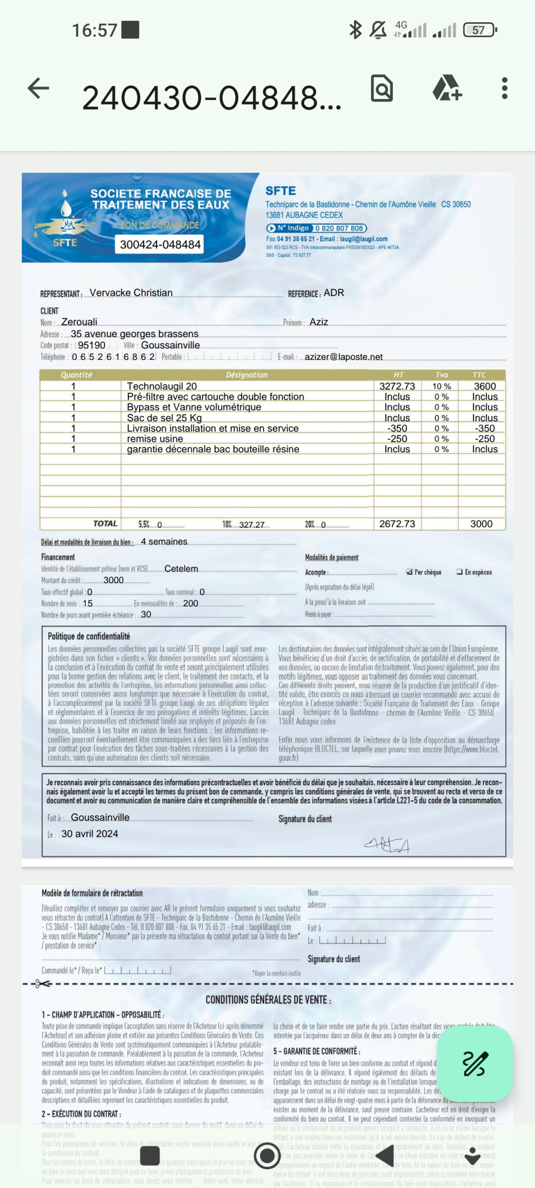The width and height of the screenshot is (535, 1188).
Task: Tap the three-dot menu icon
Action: click(505, 88)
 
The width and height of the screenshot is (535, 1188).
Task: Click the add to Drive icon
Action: click(447, 88)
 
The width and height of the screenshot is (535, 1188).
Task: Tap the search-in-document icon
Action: click(382, 88)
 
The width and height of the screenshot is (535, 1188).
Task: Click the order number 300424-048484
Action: click(160, 244)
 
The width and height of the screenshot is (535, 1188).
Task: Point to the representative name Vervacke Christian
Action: click(131, 293)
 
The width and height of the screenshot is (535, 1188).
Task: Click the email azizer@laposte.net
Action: click(343, 357)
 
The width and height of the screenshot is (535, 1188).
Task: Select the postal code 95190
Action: click(91, 345)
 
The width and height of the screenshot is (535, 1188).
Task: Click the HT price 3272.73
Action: click(397, 386)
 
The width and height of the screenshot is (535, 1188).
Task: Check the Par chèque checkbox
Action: click(409, 572)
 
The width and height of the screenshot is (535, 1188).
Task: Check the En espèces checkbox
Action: click(459, 572)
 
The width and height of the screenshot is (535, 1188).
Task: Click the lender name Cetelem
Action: click(181, 569)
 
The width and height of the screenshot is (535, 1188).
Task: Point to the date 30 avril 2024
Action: click(90, 833)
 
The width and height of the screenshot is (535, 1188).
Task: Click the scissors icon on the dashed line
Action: click(43, 984)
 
